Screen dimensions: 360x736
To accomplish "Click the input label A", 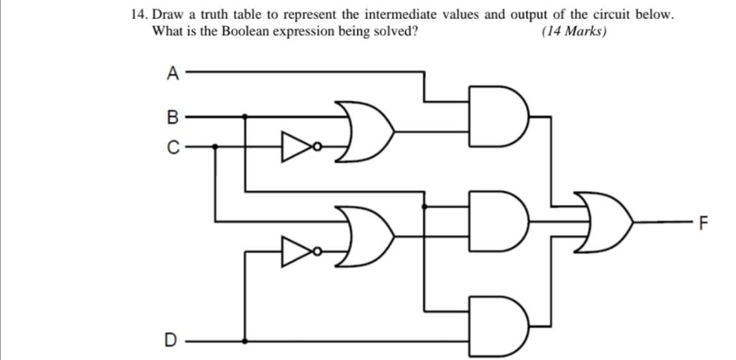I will coord(173,72).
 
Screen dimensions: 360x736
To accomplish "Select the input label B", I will coord(173,117).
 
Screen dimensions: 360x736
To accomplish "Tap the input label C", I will coord(173,146).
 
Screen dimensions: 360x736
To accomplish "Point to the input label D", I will coord(173,340).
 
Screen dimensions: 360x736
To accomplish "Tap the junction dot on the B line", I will coord(246,117).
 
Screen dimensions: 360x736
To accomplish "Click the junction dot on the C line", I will coord(216,146).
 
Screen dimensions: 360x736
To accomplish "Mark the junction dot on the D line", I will coord(246,340).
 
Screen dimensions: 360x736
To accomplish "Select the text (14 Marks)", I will coord(573,31).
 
